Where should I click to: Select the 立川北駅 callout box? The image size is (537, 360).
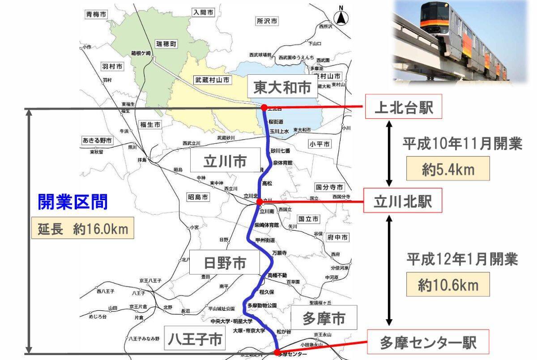(x=403, y=201)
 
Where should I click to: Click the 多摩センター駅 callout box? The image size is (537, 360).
(x=428, y=343)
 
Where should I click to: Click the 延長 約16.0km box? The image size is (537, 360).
(x=83, y=229)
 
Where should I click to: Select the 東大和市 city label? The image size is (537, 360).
(x=282, y=87)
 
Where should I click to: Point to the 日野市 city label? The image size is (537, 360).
(x=224, y=263)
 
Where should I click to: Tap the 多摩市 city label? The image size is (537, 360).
(x=324, y=318)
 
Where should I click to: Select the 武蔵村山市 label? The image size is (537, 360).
(x=212, y=80)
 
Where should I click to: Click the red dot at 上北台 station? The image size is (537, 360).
(x=264, y=107)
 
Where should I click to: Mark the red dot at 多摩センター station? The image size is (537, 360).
(x=277, y=351)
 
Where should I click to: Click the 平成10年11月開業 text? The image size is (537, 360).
(x=462, y=144)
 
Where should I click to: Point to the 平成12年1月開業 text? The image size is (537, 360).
(x=462, y=259)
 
